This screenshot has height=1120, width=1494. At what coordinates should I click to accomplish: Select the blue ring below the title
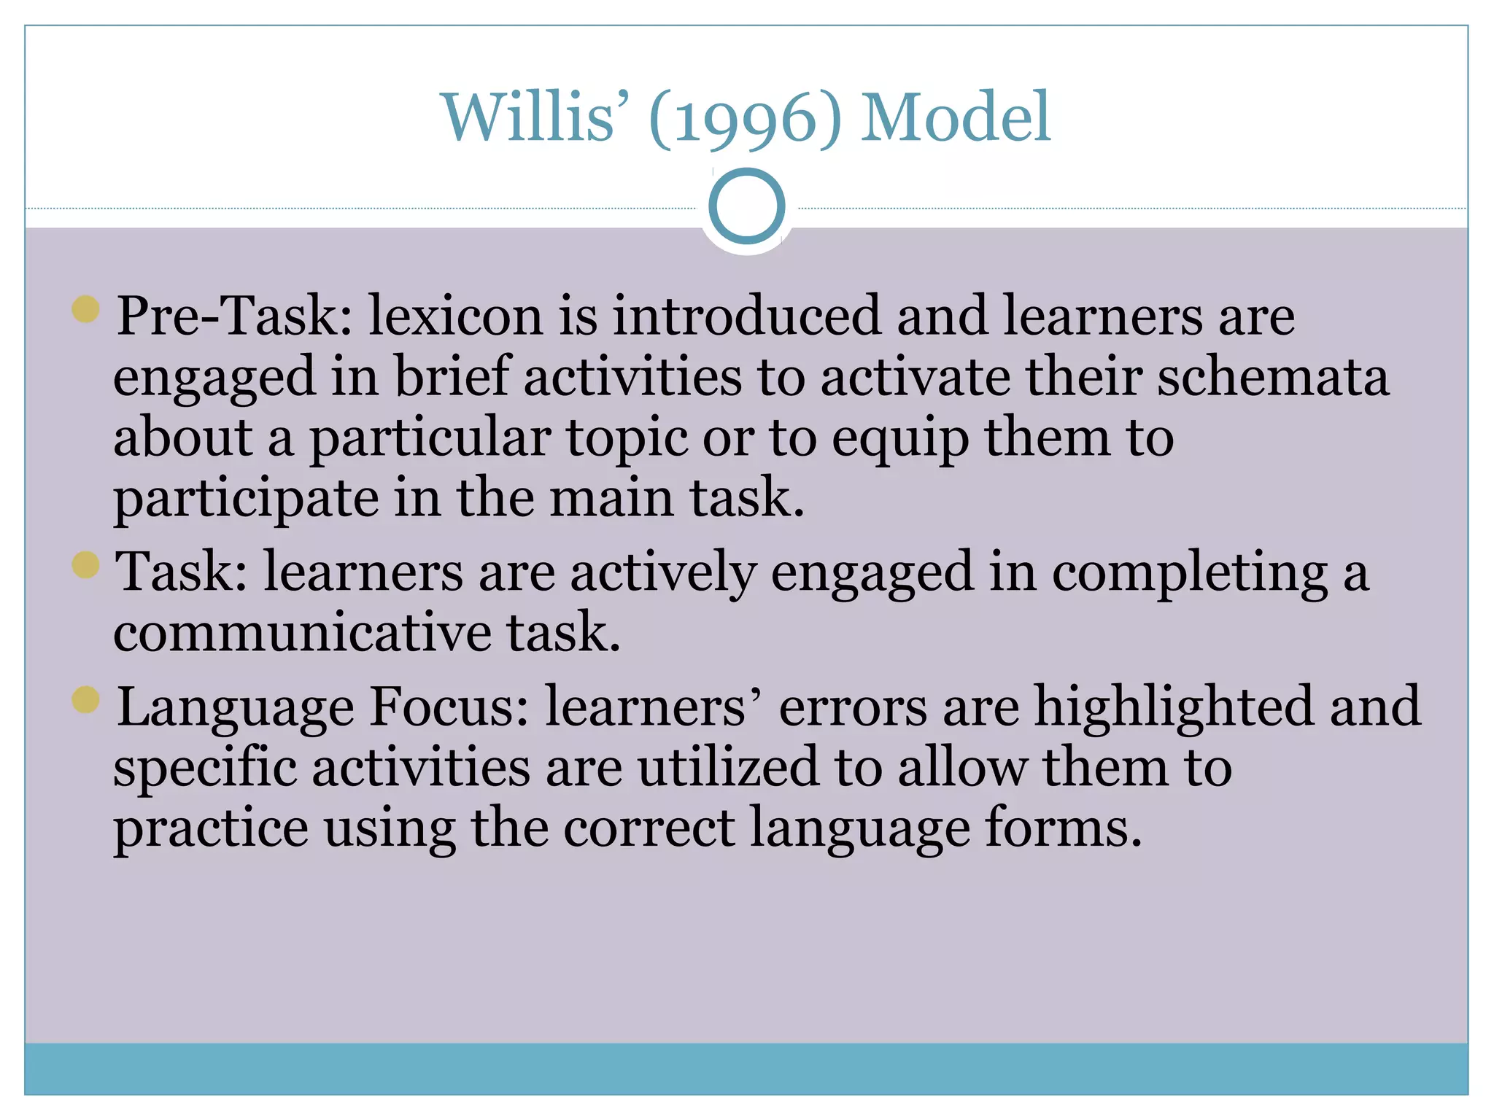pos(746,206)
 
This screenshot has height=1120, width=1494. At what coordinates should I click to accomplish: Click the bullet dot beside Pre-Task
pos(86,309)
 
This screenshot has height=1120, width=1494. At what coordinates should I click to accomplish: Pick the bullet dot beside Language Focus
pos(86,700)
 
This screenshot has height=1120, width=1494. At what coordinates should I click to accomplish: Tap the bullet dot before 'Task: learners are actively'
pos(86,564)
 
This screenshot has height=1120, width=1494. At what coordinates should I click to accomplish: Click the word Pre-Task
pos(233,316)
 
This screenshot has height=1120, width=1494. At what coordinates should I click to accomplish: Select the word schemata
pos(1273,378)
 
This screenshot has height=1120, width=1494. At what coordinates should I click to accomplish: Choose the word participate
pos(246,500)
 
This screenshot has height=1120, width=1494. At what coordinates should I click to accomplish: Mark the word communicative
pos(302,633)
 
